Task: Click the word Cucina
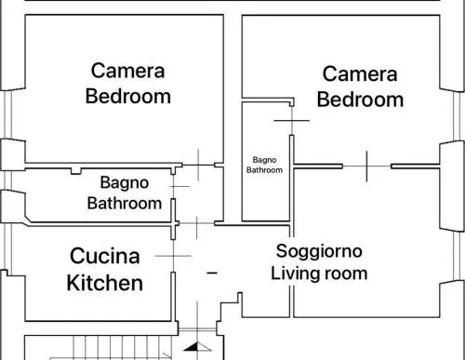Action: tap(105, 256)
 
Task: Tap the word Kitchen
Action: tap(105, 283)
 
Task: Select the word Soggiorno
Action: tap(319, 251)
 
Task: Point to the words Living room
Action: tap(319, 273)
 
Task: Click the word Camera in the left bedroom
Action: tap(127, 71)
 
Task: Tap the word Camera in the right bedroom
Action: tap(360, 74)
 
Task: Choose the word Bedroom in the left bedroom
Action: tap(128, 96)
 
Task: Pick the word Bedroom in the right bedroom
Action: tap(360, 100)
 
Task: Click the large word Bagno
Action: tap(125, 182)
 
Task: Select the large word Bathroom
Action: tap(125, 204)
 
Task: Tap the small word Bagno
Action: tap(264, 160)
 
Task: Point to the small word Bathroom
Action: tap(264, 170)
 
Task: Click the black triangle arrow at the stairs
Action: tap(197, 347)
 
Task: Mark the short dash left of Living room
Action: tap(212, 273)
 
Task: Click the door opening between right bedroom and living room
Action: tap(367, 167)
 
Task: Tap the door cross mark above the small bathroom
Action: tap(292, 121)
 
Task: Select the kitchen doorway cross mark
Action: tap(173, 256)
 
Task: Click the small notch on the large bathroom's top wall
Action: tap(76, 171)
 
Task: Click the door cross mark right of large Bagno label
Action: tap(179, 186)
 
